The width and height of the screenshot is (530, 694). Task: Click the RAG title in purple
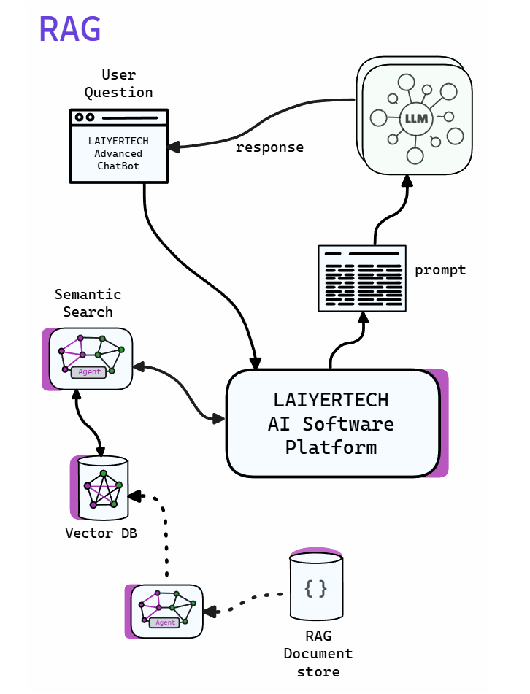click(x=69, y=29)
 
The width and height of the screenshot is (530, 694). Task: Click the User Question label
click(x=118, y=83)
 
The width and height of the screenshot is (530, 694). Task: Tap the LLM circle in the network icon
click(x=415, y=117)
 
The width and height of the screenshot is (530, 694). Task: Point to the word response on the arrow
click(x=269, y=147)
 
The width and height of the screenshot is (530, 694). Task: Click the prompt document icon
click(x=362, y=278)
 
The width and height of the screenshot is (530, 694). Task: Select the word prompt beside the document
click(x=440, y=270)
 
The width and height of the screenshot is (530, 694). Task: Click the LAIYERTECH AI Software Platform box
click(x=333, y=423)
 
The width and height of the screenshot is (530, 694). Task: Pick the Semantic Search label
click(x=88, y=303)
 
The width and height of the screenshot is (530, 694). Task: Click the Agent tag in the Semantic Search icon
click(x=89, y=372)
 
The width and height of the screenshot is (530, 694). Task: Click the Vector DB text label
click(x=101, y=533)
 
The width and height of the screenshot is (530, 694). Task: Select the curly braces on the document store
click(x=315, y=588)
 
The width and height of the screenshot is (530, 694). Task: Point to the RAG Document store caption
click(x=318, y=653)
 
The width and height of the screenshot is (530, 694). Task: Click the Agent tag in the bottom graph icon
click(x=165, y=622)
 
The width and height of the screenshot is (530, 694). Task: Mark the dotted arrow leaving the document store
click(x=245, y=603)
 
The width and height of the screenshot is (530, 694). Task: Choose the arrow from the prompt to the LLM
click(x=388, y=212)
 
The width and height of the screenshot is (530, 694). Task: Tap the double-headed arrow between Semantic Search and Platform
click(x=179, y=390)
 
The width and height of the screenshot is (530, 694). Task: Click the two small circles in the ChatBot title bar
click(x=85, y=117)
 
